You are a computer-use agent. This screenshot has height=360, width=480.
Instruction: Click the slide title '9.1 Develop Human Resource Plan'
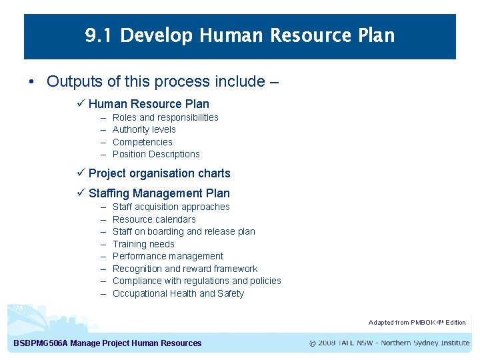(x=240, y=35)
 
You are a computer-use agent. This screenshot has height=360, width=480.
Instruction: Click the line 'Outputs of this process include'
(x=162, y=82)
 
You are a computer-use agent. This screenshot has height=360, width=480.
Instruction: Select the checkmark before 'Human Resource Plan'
(x=81, y=104)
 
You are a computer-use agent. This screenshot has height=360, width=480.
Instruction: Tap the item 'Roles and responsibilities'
(x=165, y=117)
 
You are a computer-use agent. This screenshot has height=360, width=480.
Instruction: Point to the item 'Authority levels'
(x=144, y=129)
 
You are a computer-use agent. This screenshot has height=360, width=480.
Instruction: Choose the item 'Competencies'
(x=142, y=142)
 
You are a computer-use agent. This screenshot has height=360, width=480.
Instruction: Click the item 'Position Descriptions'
(x=156, y=154)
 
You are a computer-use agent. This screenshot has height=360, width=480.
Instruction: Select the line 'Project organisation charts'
(x=159, y=173)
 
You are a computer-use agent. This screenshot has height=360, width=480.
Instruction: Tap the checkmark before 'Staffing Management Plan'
(x=81, y=193)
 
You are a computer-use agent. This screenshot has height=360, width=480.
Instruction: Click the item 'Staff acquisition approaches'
(x=171, y=207)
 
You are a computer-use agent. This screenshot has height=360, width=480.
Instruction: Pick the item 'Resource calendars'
(x=154, y=219)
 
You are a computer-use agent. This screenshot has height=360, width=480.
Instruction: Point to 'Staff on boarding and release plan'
(x=183, y=231)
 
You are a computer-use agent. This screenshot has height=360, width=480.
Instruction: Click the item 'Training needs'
(x=143, y=244)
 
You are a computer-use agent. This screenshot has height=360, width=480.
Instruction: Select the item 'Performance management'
(x=167, y=256)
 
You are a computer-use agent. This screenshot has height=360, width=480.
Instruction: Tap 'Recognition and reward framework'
(x=185, y=269)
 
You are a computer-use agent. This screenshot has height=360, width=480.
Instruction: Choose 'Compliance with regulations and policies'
(x=197, y=281)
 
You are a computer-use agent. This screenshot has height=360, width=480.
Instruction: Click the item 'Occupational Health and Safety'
(x=178, y=293)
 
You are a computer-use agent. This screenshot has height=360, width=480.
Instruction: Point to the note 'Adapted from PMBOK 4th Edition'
(x=417, y=323)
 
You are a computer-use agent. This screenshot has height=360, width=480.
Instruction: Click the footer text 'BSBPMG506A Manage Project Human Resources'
(x=107, y=343)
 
